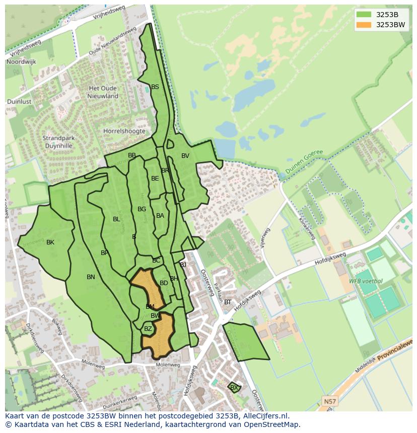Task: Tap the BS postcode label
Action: coord(155,87)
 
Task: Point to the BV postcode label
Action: coord(185,156)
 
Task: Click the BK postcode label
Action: coord(50,242)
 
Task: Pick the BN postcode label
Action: coord(91,277)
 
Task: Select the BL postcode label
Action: coord(116,219)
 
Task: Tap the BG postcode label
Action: coord(142,209)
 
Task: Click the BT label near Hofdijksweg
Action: coord(228,302)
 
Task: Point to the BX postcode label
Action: coord(234,387)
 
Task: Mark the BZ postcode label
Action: coord(148,329)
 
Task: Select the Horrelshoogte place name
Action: coord(124,131)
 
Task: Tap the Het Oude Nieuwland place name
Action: coord(103,92)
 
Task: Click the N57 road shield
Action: coord(329,401)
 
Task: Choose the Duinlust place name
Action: coord(19,101)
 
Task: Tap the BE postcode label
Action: coord(155,179)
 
